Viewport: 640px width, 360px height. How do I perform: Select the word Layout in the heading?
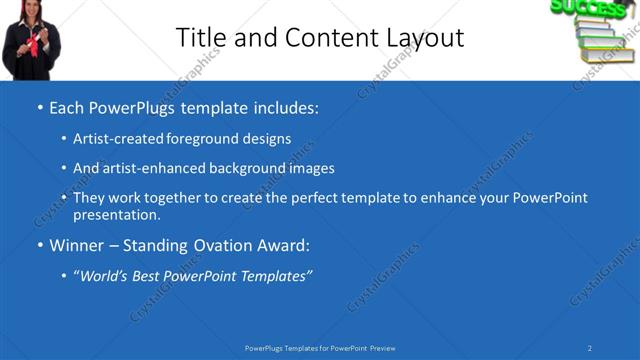(424, 38)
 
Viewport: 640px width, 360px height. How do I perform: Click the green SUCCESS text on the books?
(588, 8)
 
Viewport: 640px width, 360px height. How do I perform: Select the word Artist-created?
(113, 139)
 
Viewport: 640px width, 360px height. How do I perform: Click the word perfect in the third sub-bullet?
(303, 198)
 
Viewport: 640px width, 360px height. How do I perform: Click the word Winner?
(77, 246)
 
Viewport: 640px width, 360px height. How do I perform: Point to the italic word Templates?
(272, 276)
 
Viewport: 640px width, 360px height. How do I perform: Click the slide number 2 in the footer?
(590, 348)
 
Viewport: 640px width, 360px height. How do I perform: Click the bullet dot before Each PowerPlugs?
(39, 107)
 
